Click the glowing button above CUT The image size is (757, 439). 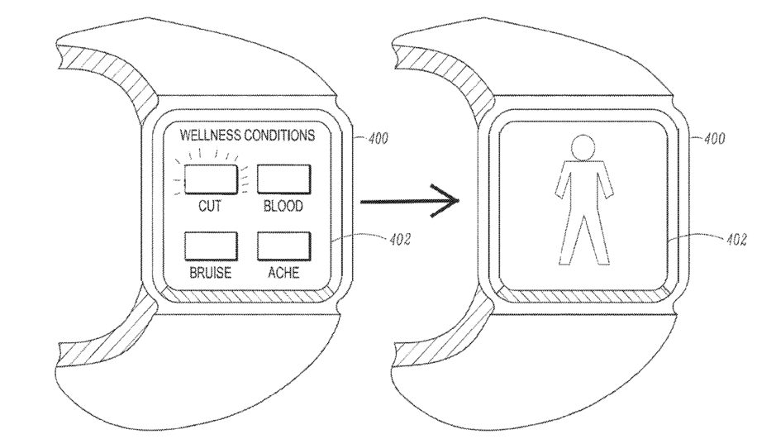click(x=211, y=179)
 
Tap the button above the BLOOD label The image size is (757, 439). click(x=283, y=179)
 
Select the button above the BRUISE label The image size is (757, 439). click(x=210, y=246)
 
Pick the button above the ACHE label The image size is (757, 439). click(x=283, y=246)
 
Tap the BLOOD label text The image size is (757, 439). click(x=283, y=207)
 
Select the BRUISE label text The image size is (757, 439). click(x=210, y=274)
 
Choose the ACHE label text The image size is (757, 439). click(x=283, y=274)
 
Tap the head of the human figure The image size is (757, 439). click(x=587, y=147)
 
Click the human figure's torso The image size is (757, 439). click(x=587, y=186)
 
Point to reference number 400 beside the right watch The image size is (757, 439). click(x=710, y=137)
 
